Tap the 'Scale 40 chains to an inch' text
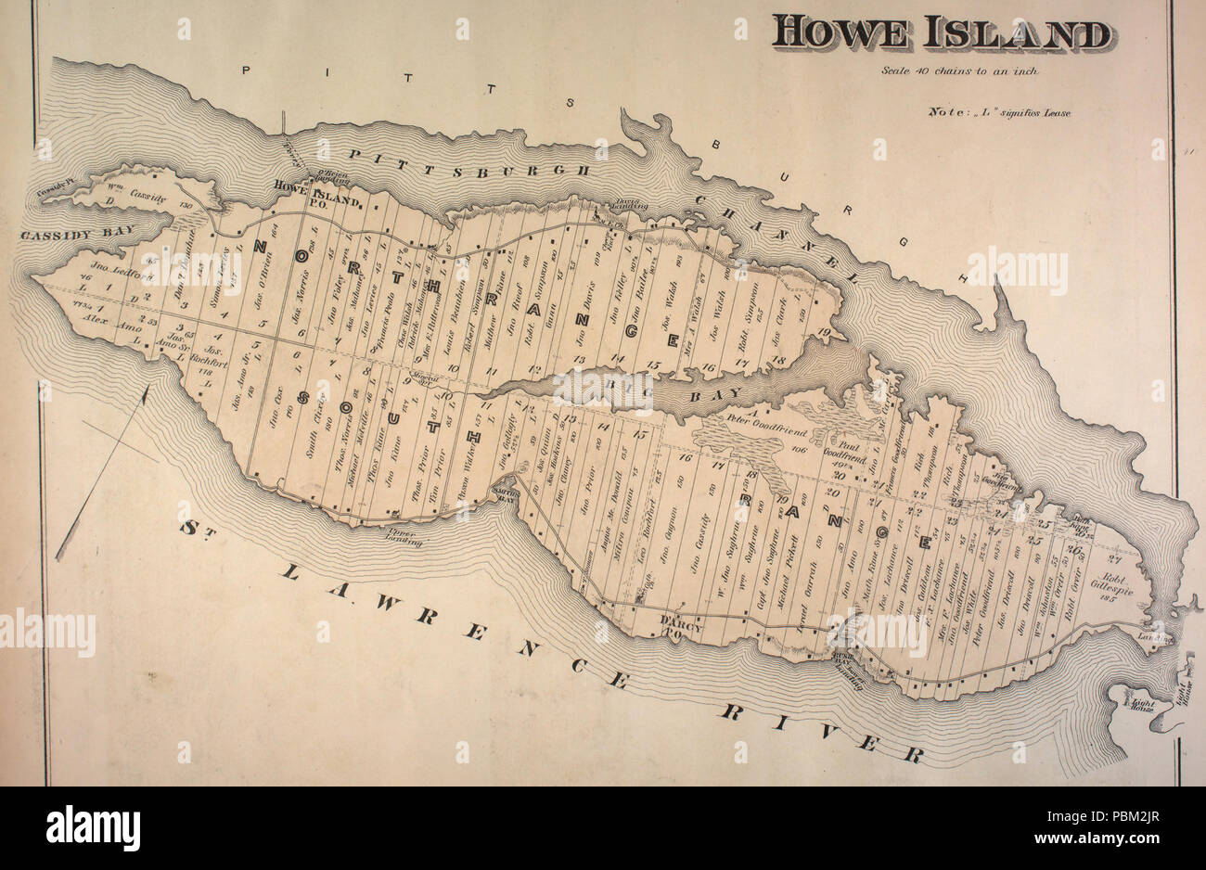click(961, 70)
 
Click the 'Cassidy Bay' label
click(80, 233)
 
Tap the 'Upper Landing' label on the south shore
click(403, 538)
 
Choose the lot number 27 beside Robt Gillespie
click(1115, 558)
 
